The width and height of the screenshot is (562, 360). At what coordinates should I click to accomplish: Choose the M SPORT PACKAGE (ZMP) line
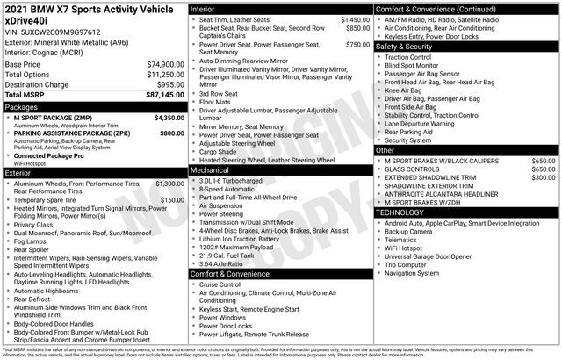[52, 117]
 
